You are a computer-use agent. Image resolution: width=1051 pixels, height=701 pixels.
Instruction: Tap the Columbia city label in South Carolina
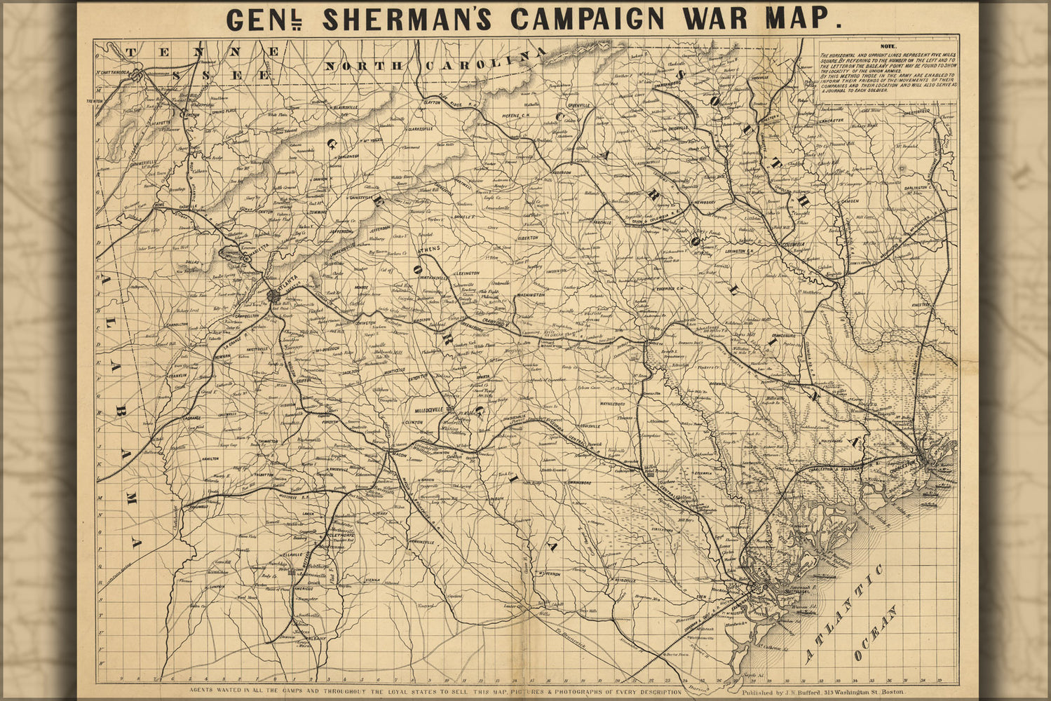pyautogui.click(x=794, y=245)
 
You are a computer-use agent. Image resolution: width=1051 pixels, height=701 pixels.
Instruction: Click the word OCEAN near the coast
pyautogui.click(x=876, y=635)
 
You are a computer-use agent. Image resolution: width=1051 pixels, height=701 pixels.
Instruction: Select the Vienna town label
pyautogui.click(x=372, y=580)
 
